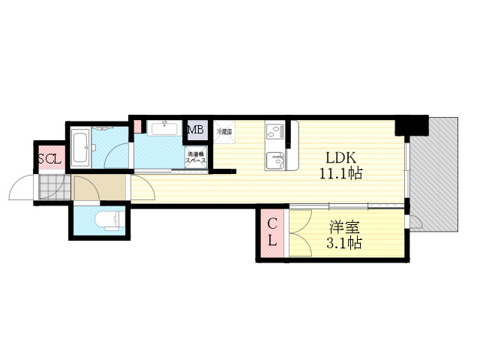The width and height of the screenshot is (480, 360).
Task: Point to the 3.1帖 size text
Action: pos(344,243)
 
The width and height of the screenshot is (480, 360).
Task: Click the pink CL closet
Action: pos(272,232)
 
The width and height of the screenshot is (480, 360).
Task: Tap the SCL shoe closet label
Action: pos(50,159)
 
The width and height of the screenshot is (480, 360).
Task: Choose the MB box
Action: pos(195,130)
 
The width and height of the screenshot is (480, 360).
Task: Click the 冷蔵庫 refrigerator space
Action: pos(224,132)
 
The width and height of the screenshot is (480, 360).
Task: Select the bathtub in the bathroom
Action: pos(80,148)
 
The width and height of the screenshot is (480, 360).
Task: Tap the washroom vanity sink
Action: pos(163,128)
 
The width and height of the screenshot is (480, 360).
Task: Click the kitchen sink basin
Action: pos(274,160)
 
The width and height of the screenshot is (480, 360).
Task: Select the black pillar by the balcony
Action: pos(412,124)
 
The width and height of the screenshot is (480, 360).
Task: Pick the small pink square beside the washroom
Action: pos(137,125)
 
